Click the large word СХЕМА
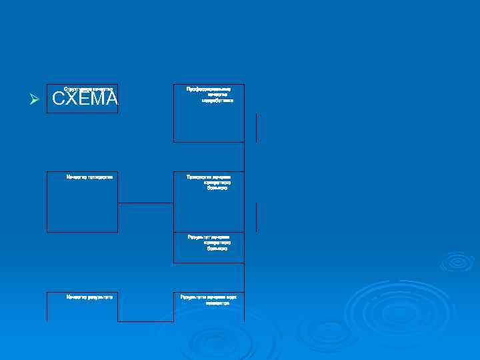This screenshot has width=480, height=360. click(x=85, y=99)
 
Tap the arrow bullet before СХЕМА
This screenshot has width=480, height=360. click(x=35, y=100)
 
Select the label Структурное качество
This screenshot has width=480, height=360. click(x=89, y=88)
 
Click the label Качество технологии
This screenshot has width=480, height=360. click(x=89, y=177)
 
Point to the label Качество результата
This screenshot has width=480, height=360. click(x=89, y=296)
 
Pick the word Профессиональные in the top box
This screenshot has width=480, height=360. click(x=209, y=88)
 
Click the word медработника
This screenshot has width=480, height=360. click(x=217, y=101)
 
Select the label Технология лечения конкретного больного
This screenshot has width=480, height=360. click(x=209, y=182)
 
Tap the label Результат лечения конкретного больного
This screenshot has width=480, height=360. click(x=209, y=242)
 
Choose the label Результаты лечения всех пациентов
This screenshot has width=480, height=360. click(x=209, y=299)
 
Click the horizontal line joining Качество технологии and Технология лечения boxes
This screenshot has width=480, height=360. click(x=145, y=203)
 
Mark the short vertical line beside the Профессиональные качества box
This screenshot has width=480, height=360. click(x=256, y=127)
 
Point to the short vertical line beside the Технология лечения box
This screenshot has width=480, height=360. click(x=256, y=217)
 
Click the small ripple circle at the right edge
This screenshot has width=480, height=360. click(x=457, y=261)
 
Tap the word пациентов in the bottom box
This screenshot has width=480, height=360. click(x=217, y=303)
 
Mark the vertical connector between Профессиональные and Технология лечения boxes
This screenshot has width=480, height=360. click(x=245, y=157)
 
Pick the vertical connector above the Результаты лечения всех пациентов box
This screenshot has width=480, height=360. click(x=245, y=277)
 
